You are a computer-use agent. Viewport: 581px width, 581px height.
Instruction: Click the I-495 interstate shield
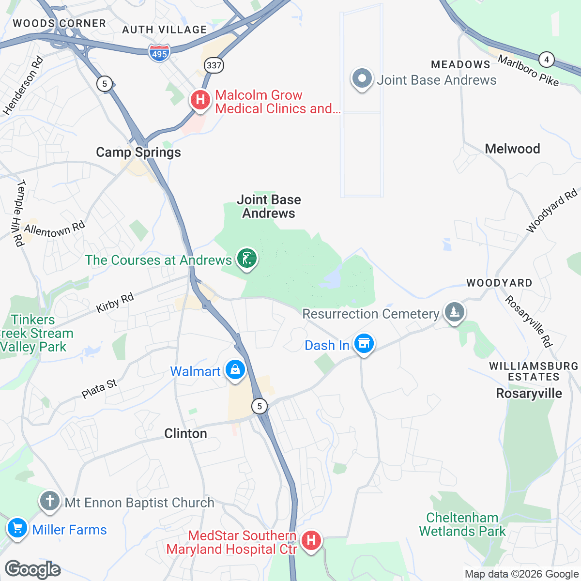pos(159,53)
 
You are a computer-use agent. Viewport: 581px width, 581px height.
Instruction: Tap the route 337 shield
pos(214,65)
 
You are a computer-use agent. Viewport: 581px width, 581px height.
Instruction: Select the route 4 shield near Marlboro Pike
pos(547,60)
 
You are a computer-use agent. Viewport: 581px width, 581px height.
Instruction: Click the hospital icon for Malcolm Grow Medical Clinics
pos(199,100)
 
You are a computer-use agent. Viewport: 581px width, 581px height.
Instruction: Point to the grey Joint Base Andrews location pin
pos(362,79)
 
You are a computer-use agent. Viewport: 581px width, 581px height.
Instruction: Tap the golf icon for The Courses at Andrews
pos(246,259)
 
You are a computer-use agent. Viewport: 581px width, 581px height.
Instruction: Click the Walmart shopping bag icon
pos(235,370)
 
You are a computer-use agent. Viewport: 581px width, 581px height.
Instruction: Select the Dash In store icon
pos(364,344)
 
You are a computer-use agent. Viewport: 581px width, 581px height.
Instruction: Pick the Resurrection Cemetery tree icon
pos(454,312)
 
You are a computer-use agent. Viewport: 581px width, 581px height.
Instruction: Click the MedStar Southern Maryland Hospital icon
pos(311,540)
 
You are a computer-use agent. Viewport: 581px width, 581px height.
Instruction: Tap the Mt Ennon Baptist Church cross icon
pos(49,501)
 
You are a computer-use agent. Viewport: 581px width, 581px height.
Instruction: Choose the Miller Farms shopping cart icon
pos(17,528)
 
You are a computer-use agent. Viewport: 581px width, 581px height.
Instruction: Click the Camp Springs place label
pos(138,153)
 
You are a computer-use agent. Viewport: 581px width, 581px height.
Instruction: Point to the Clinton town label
pos(185,433)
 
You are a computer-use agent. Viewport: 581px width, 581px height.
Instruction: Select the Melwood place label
pos(512,149)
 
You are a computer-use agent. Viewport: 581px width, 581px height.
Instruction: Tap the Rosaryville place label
pos(529,393)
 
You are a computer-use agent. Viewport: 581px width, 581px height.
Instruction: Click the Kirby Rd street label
pos(115,303)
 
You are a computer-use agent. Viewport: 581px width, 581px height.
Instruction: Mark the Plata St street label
pos(99,389)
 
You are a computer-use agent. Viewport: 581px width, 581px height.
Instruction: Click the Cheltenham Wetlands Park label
pos(462,525)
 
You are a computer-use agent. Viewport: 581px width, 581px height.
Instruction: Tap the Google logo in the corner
pos(33,569)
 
